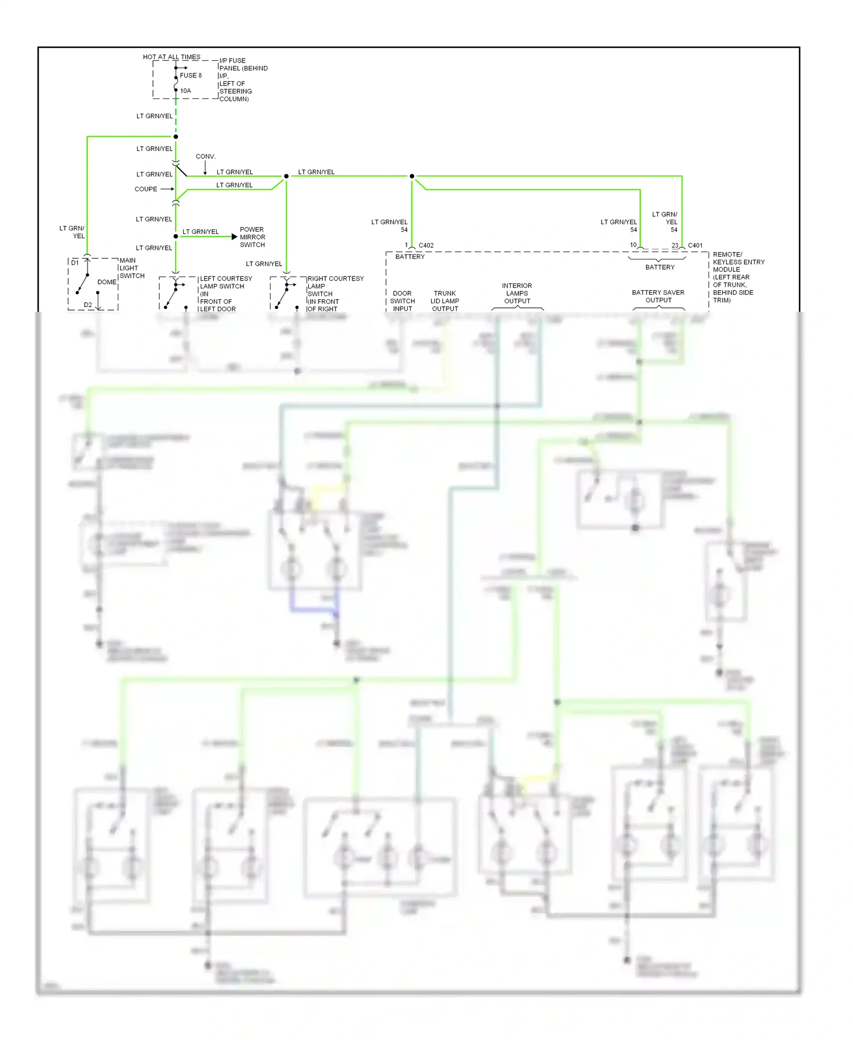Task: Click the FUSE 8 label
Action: pyautogui.click(x=191, y=75)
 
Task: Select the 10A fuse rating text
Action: pyautogui.click(x=185, y=91)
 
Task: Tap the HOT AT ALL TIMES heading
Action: pyautogui.click(x=171, y=57)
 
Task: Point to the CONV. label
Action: pyautogui.click(x=205, y=156)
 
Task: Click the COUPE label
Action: pyautogui.click(x=146, y=189)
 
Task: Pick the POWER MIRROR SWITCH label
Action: pyautogui.click(x=252, y=237)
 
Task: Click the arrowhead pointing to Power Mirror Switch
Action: pyautogui.click(x=234, y=237)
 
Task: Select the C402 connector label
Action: pyautogui.click(x=426, y=246)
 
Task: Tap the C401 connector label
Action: pyautogui.click(x=695, y=246)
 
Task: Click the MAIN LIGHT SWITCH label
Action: pyautogui.click(x=132, y=268)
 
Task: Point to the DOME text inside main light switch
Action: pyautogui.click(x=106, y=282)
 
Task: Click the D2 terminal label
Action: pyautogui.click(x=88, y=305)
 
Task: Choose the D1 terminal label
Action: pyautogui.click(x=75, y=263)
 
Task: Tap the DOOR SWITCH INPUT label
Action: pyautogui.click(x=402, y=301)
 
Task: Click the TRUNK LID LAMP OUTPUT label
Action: pyautogui.click(x=445, y=301)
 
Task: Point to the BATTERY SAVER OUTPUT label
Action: pyautogui.click(x=658, y=296)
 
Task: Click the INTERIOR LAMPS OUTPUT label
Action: pyautogui.click(x=517, y=294)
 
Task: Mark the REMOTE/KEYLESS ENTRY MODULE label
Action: pyautogui.click(x=738, y=262)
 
